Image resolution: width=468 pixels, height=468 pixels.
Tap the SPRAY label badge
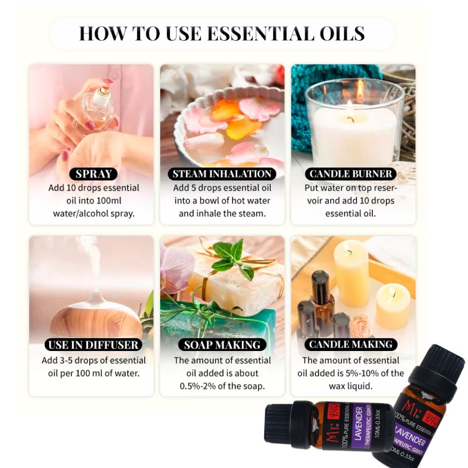pos(93,174)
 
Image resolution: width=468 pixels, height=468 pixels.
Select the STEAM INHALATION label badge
pos(222,174)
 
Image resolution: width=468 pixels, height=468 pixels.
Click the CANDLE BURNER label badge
pos(351,174)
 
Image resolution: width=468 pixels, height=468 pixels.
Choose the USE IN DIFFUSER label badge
pos(93,345)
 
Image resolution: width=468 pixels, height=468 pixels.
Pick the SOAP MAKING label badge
pos(222,345)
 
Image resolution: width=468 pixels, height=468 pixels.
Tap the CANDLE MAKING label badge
pos(351,344)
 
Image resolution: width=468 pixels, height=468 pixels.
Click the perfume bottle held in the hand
pos(100,108)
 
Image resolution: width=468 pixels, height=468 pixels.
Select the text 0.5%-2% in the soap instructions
pos(197,386)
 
